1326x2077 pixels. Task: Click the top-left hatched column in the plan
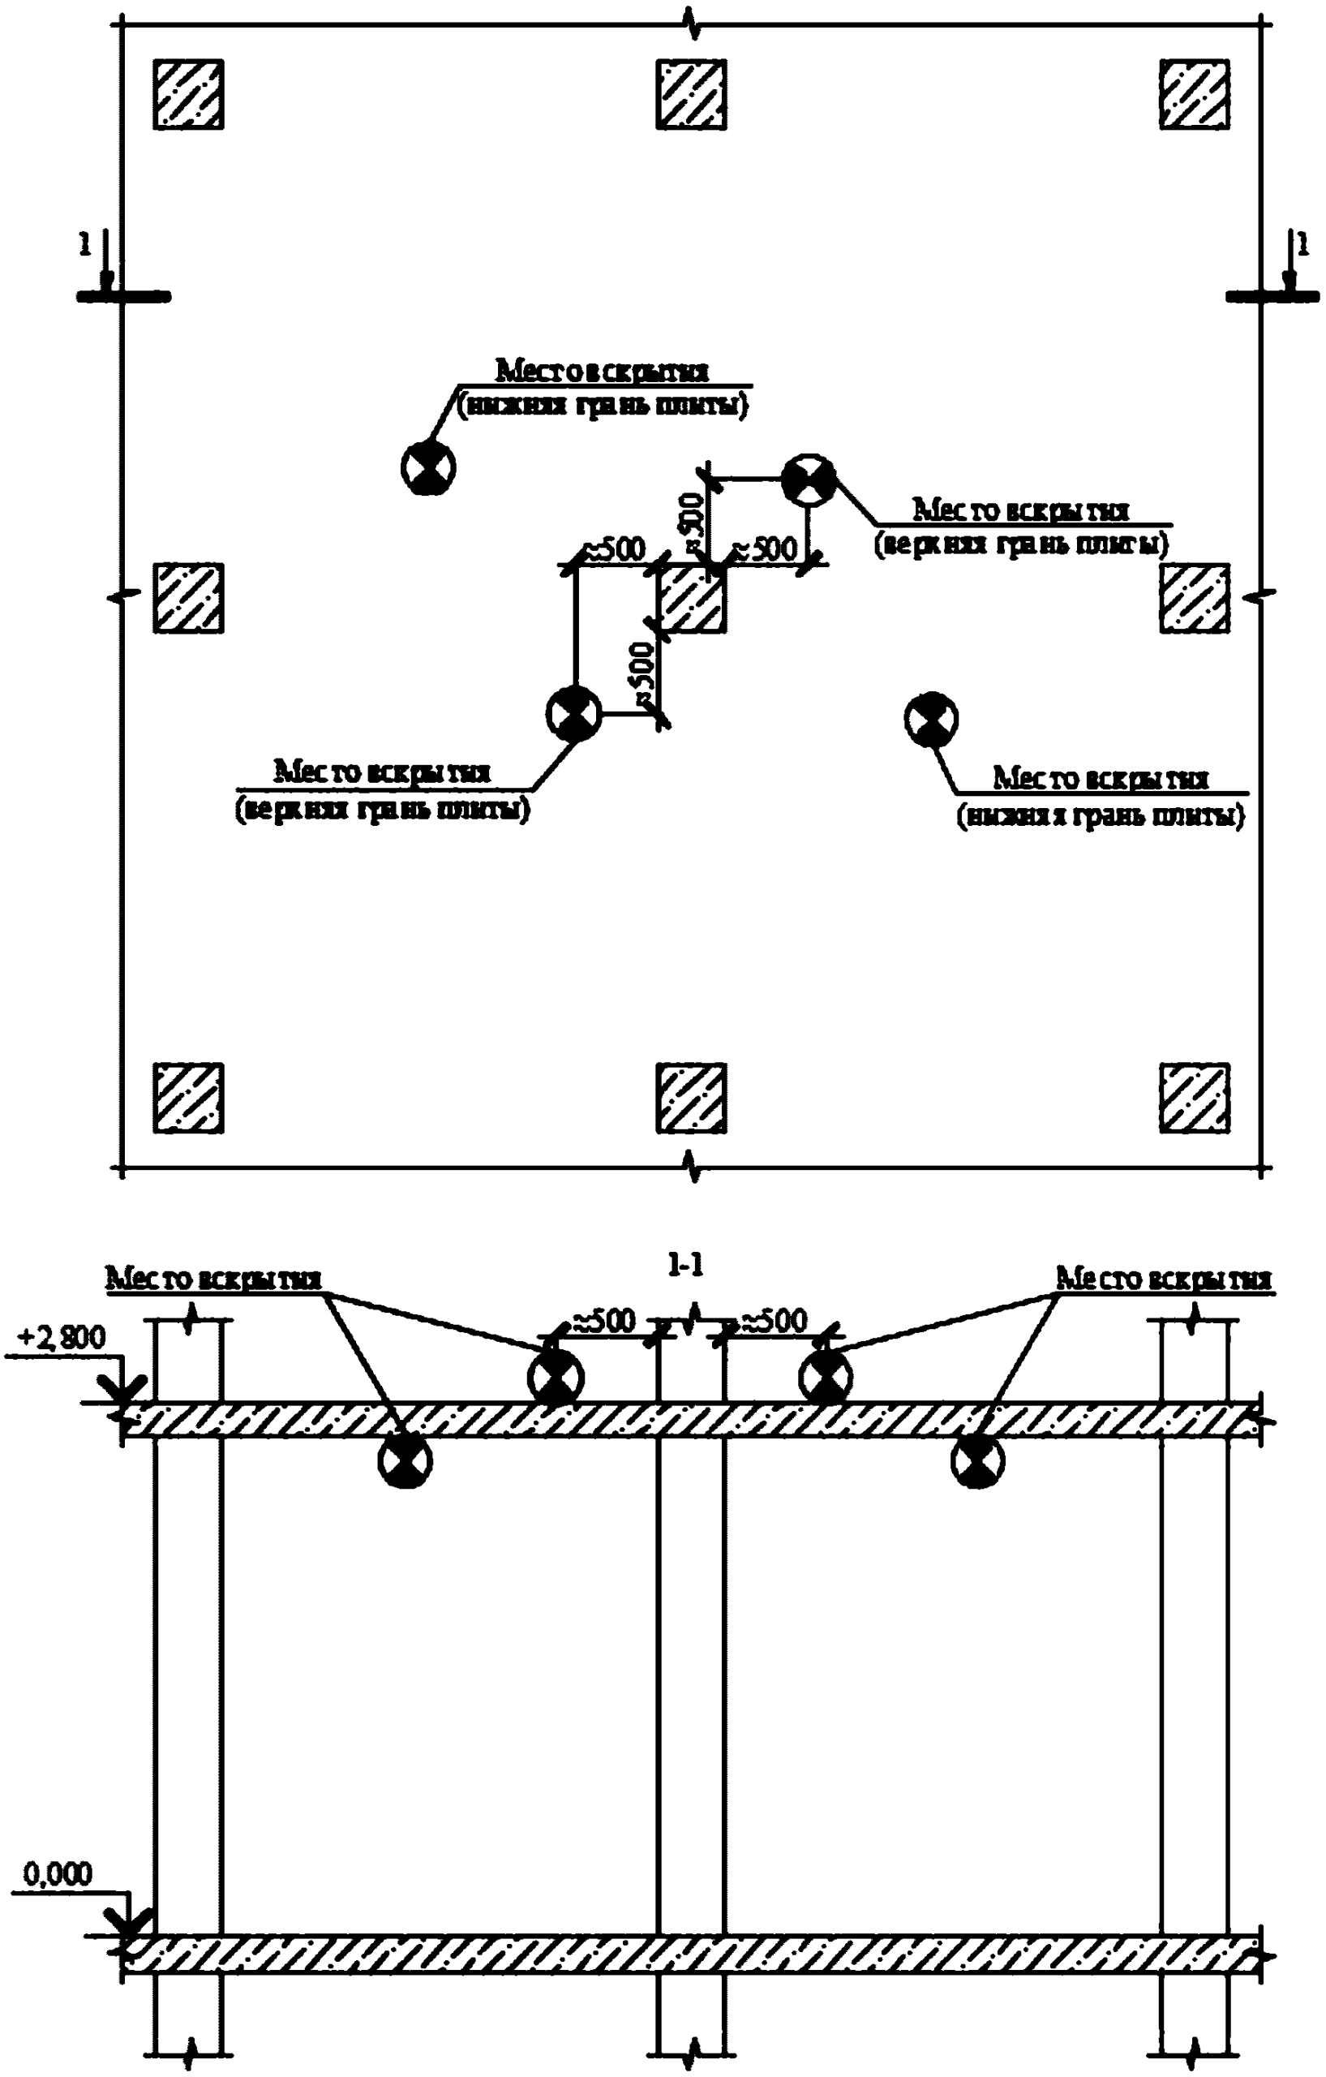pyautogui.click(x=188, y=95)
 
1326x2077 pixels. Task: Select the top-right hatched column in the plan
pyautogui.click(x=1194, y=95)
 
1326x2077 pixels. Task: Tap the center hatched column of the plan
pyautogui.click(x=691, y=599)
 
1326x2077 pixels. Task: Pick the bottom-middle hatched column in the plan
pyautogui.click(x=691, y=1097)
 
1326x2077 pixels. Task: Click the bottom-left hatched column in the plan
pyautogui.click(x=188, y=1097)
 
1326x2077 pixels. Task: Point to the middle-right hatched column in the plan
pyautogui.click(x=1194, y=599)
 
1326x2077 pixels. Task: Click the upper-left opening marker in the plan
pyautogui.click(x=427, y=467)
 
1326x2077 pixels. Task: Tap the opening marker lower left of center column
pyautogui.click(x=573, y=713)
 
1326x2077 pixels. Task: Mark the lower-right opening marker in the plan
pyautogui.click(x=931, y=719)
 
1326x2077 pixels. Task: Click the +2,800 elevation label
pyautogui.click(x=61, y=1338)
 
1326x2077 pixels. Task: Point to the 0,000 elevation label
pyautogui.click(x=57, y=1874)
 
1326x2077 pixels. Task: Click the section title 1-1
pyautogui.click(x=685, y=1265)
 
